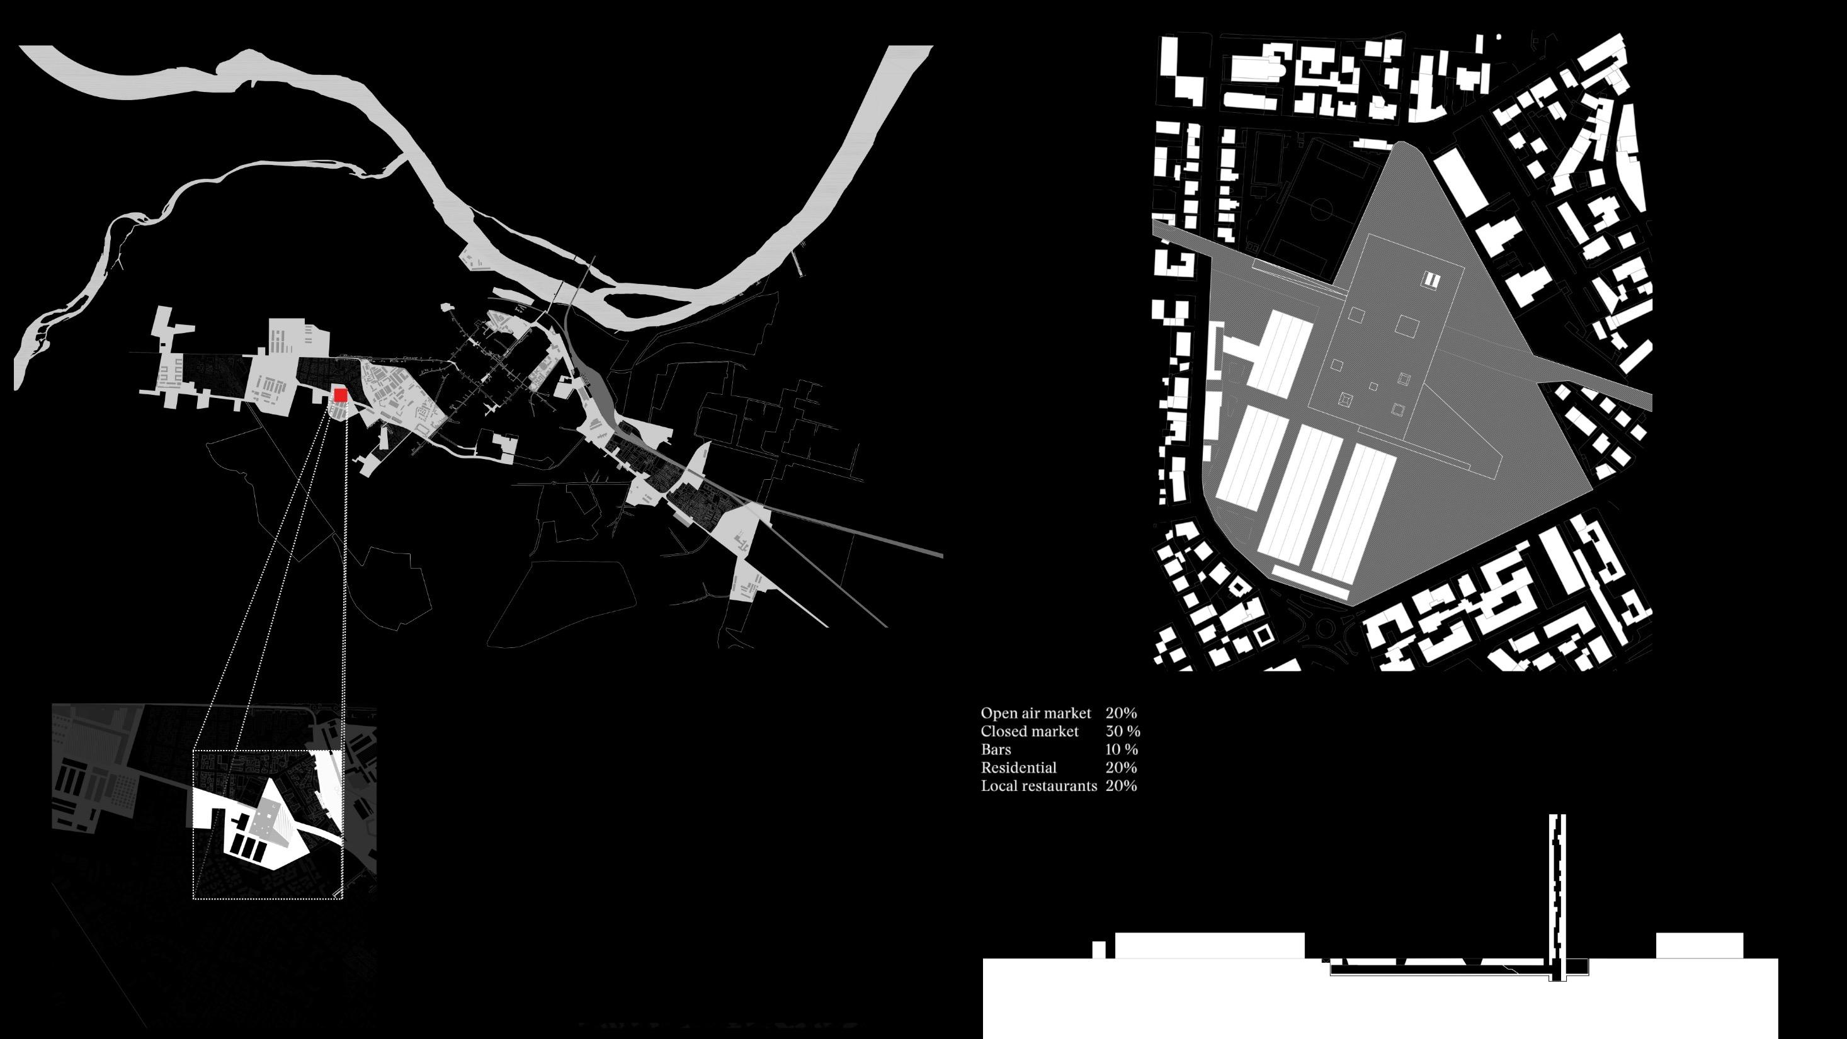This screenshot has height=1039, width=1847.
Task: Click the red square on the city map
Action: coord(341,395)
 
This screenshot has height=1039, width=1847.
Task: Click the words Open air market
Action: coord(1035,713)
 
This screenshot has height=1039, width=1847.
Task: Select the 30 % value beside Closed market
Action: coord(1122,731)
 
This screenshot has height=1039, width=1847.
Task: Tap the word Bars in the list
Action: coord(996,749)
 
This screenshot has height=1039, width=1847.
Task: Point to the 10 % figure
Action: coord(1122,749)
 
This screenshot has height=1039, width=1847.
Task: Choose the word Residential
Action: coord(1018,767)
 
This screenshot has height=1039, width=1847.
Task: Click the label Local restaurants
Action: coord(1038,786)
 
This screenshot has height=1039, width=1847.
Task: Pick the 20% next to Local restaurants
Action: coord(1121,786)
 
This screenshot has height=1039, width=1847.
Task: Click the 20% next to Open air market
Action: coord(1121,713)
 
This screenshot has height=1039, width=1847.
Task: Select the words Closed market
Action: coord(1029,731)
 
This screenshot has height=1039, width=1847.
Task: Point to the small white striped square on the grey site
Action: coord(1431,280)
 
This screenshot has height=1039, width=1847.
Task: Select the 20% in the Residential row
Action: coord(1121,767)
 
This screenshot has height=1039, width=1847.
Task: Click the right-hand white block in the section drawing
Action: coord(1698,945)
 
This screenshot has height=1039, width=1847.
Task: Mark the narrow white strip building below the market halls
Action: coord(1310,582)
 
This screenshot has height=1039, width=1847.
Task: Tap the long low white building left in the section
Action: coord(1209,945)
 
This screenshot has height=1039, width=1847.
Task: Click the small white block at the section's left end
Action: coord(1098,950)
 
